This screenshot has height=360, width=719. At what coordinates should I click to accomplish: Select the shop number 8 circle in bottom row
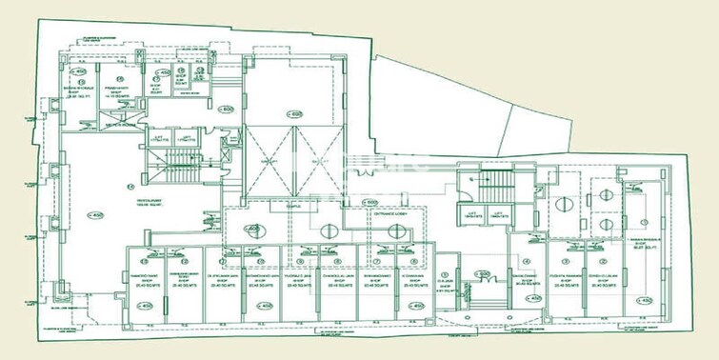[x=413, y=262]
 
